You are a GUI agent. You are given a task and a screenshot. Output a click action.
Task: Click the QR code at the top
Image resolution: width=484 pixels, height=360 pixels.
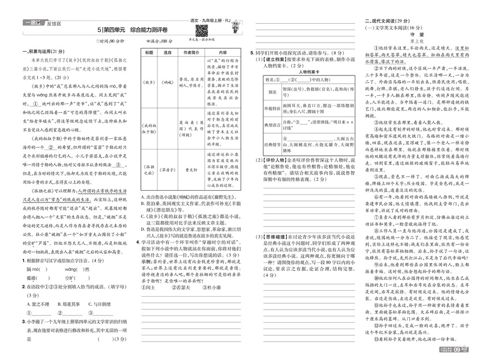[201, 30]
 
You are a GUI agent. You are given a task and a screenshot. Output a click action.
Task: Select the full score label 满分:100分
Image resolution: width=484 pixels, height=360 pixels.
[159, 41]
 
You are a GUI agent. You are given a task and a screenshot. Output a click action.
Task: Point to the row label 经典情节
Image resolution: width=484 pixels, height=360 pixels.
[272, 144]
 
